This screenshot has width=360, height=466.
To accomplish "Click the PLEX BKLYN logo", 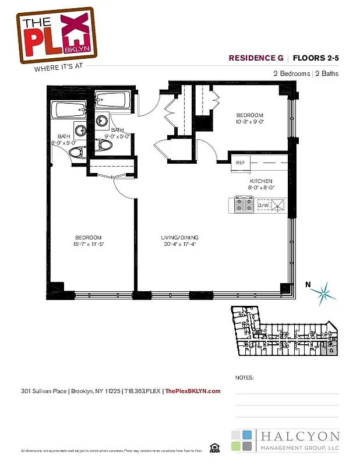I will [55, 34].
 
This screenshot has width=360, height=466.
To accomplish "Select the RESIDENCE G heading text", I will [256, 58].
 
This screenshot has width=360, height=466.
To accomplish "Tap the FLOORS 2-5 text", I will [315, 58].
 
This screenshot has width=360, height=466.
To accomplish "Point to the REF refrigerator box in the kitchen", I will [241, 163].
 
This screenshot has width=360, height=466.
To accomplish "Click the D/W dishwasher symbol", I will [263, 205].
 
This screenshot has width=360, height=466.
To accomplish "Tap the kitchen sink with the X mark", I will [278, 204].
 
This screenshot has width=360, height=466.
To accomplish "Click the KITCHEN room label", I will [260, 181].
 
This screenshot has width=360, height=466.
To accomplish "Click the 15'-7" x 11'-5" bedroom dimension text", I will [88, 244].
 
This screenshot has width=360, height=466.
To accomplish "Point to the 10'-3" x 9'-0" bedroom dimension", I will [249, 122].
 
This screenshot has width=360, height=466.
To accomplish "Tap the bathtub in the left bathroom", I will [69, 111].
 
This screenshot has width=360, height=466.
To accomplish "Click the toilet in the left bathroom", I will [75, 153].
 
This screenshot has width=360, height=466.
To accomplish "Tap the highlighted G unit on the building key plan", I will [331, 350].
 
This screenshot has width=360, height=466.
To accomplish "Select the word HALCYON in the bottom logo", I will [300, 436].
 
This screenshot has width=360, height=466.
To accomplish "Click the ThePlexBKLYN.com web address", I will [193, 391].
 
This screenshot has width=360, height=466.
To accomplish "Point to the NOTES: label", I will [244, 377].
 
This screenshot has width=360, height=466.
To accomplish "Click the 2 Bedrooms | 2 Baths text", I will [306, 73].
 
